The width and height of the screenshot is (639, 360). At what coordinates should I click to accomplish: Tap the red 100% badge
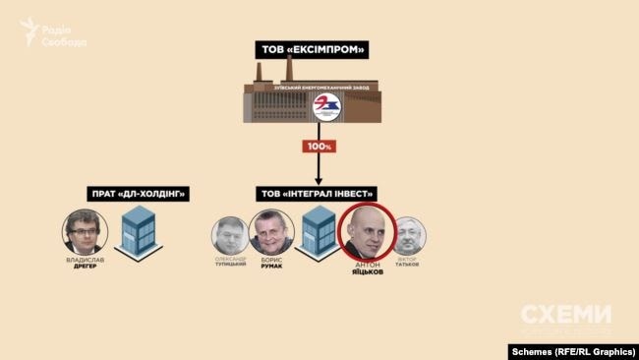[319, 147]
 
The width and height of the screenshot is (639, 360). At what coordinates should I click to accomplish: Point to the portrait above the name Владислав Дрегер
[86, 233]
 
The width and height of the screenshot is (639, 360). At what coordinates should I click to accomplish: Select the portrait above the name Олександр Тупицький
[228, 236]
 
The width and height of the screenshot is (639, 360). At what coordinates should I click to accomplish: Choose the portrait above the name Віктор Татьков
[406, 236]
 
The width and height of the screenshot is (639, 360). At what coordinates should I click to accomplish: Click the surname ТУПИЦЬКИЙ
[229, 266]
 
